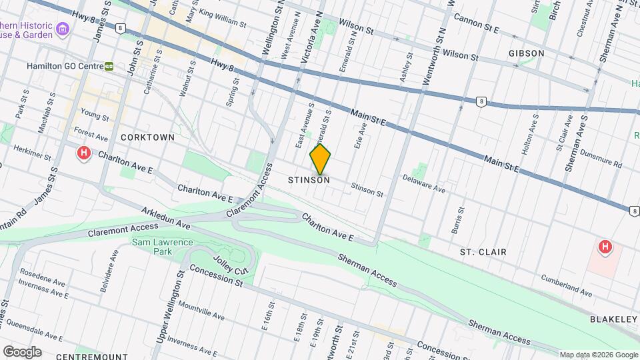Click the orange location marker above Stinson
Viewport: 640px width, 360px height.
pyautogui.click(x=320, y=159)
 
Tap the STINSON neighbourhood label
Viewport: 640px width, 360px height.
pyautogui.click(x=309, y=180)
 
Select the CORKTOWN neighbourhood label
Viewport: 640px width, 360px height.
pyautogui.click(x=147, y=137)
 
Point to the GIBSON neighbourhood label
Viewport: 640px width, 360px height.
pyautogui.click(x=526, y=53)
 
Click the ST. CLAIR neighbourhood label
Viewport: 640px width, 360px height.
pyautogui.click(x=483, y=252)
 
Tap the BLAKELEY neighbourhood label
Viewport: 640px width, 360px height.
pyautogui.click(x=613, y=319)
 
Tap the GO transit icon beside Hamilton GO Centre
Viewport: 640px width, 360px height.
pyautogui.click(x=109, y=67)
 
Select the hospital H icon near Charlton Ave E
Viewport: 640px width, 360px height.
pyautogui.click(x=84, y=154)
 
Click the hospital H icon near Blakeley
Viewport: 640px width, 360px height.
pyautogui.click(x=605, y=248)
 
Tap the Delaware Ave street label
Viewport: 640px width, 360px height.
pyautogui.click(x=423, y=184)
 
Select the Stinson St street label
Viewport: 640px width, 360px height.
pyautogui.click(x=367, y=190)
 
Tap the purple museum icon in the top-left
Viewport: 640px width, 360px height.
pyautogui.click(x=63, y=29)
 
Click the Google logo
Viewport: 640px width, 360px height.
pyautogui.click(x=21, y=351)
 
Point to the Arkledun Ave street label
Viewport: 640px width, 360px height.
pyautogui.click(x=166, y=220)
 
